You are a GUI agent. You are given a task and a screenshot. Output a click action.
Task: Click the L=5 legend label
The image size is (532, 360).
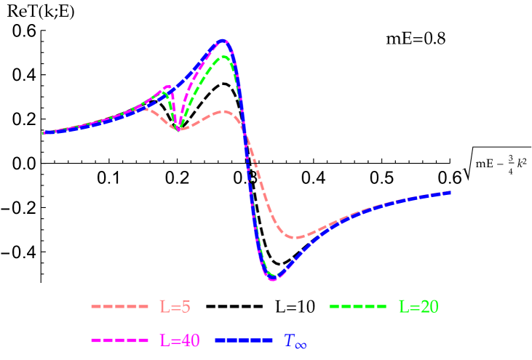(175, 307)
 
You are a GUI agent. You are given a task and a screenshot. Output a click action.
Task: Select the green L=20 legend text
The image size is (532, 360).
(418, 307)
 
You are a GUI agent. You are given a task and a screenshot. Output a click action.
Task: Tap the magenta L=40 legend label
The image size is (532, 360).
(179, 340)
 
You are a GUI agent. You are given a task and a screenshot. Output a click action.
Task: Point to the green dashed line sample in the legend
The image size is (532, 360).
(358, 307)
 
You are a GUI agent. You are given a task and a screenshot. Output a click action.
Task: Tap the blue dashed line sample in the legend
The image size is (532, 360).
(244, 340)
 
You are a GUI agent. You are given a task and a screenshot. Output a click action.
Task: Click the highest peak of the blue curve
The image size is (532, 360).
(223, 41)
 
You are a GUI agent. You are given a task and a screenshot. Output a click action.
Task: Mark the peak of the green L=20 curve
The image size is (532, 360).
(225, 56)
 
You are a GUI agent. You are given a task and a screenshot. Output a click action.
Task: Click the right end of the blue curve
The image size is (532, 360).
(450, 192)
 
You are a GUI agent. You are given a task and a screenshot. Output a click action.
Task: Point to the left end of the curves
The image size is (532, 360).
(44, 133)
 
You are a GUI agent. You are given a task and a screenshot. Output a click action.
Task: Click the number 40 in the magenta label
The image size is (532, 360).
(188, 340)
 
